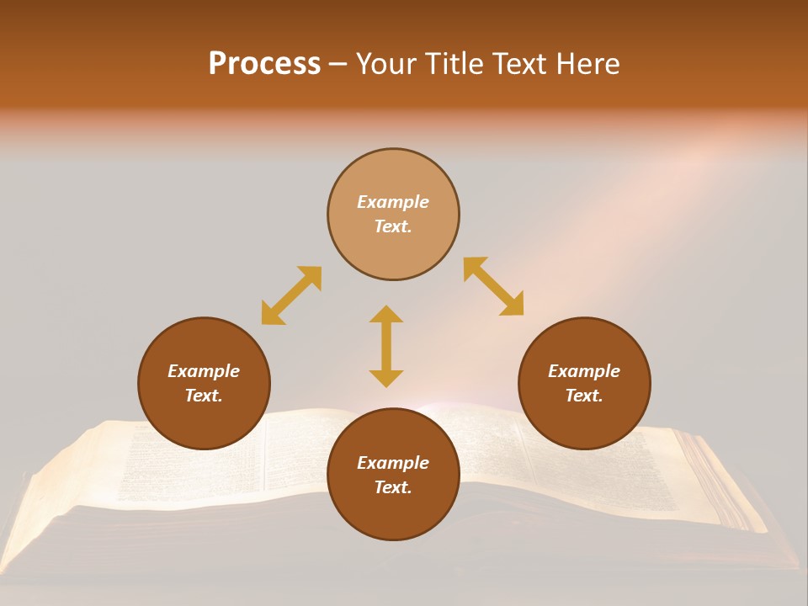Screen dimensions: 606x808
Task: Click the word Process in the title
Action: [264, 64]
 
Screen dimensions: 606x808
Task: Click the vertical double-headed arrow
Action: [386, 346]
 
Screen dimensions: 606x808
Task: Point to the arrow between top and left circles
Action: [291, 295]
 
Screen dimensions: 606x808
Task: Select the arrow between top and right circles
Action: [493, 286]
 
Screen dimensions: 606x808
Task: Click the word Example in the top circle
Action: [393, 202]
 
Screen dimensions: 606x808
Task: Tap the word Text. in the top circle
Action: [393, 226]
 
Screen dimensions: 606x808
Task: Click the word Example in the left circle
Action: [204, 371]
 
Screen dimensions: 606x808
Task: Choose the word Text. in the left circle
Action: [204, 396]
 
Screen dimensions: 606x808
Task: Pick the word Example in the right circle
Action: [584, 371]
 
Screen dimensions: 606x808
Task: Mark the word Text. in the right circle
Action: [584, 396]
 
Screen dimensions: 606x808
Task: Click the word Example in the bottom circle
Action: [393, 463]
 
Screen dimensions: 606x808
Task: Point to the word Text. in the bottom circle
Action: [393, 487]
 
